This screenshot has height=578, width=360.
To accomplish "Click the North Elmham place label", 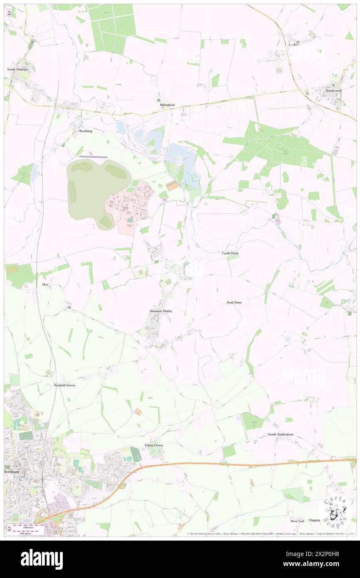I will (x=17, y=69).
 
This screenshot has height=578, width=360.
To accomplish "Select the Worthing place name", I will (x=85, y=131).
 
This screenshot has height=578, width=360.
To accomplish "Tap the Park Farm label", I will (x=234, y=302).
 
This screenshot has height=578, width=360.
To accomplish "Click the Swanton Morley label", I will (x=161, y=311).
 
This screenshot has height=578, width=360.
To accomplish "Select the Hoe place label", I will (x=45, y=285).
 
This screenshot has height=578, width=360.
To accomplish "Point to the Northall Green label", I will (x=64, y=385).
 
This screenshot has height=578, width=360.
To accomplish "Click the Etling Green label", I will (x=154, y=445).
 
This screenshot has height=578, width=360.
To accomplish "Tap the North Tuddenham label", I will (x=281, y=435).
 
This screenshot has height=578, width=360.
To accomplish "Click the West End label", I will (x=297, y=521).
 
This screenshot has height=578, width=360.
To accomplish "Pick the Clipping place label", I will (x=314, y=520).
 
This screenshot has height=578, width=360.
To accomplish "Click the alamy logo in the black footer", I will (x=42, y=559).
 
